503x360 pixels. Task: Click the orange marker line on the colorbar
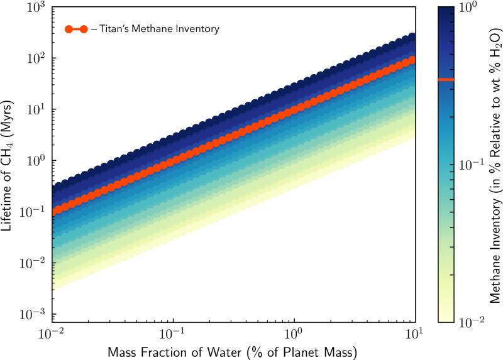446,80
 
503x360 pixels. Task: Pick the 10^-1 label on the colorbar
470,164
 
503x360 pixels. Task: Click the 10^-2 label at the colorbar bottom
470,322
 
